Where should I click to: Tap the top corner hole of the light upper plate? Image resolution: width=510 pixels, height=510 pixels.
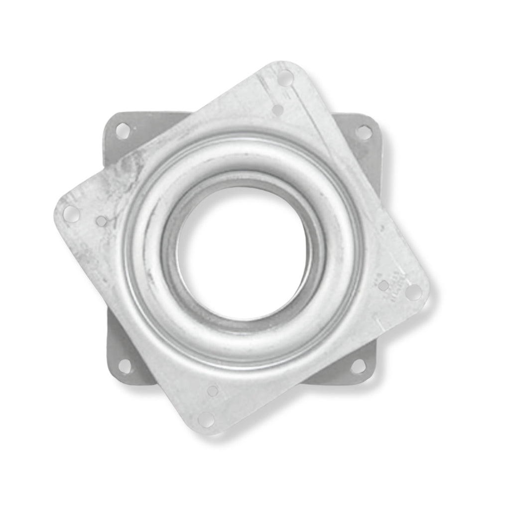(285, 78)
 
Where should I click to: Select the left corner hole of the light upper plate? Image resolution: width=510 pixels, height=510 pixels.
(71, 214)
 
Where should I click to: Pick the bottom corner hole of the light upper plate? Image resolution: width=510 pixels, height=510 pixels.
(206, 419)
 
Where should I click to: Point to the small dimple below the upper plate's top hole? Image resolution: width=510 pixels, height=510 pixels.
(278, 110)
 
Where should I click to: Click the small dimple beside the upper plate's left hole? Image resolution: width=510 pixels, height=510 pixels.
(102, 221)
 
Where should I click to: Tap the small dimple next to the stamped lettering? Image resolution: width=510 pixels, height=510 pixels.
(383, 285)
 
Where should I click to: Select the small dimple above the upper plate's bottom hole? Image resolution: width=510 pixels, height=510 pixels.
(213, 391)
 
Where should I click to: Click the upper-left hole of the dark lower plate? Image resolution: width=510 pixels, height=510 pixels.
(123, 130)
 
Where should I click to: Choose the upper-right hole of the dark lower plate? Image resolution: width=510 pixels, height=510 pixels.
(364, 132)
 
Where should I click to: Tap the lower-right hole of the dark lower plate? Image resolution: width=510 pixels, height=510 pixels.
(358, 367)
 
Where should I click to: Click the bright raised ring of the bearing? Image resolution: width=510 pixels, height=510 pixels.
(149, 209)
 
